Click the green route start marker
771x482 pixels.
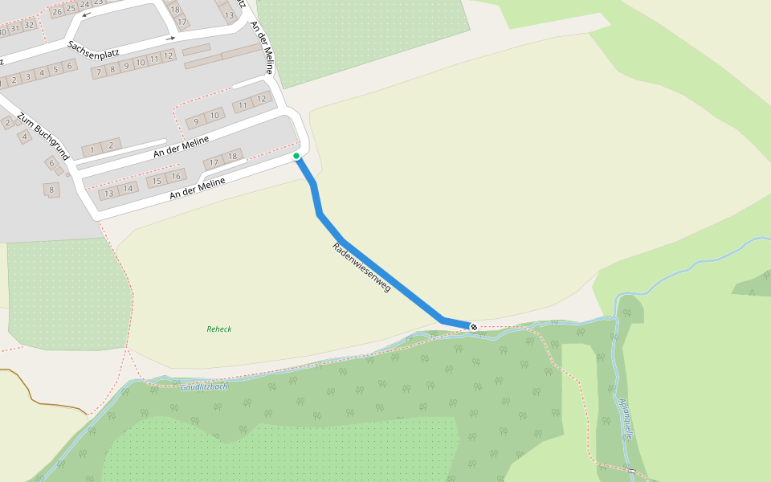tap(296, 156)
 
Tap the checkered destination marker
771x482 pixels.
tap(474, 327)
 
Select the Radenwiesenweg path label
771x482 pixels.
tap(361, 266)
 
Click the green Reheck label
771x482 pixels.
tap(218, 329)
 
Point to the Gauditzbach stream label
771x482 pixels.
tap(204, 387)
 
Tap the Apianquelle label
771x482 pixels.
tap(626, 419)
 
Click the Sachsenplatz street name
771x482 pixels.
tap(93, 48)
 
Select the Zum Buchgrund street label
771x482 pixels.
tap(43, 135)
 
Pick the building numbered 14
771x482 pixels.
tap(128, 189)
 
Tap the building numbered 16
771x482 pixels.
tap(176, 176)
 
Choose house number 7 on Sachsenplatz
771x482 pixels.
tap(99, 72)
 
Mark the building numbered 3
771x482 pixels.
tap(27, 76)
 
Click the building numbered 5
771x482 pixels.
tap(55, 69)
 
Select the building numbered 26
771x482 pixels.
tap(57, 11)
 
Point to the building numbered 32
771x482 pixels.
tap(29, 25)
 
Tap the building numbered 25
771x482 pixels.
tap(71, 8)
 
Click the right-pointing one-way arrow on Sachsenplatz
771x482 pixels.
tap(170, 38)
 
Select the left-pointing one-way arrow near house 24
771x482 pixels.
tap(86, 15)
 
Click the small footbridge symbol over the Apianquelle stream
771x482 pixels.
tap(632, 471)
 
